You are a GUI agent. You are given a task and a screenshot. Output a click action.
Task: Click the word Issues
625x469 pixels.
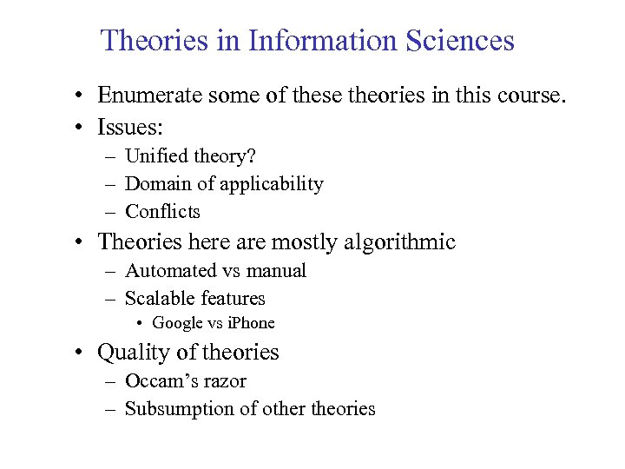pos(129,128)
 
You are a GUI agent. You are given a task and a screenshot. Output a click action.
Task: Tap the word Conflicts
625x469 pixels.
pos(162,211)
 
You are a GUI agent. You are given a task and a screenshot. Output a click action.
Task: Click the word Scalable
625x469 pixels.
pos(160,298)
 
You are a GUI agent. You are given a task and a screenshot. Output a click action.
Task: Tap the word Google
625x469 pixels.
pos(178,323)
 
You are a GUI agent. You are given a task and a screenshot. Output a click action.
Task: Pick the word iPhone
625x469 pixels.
pos(251,323)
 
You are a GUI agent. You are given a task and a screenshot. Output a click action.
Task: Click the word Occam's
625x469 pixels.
pos(161,381)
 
